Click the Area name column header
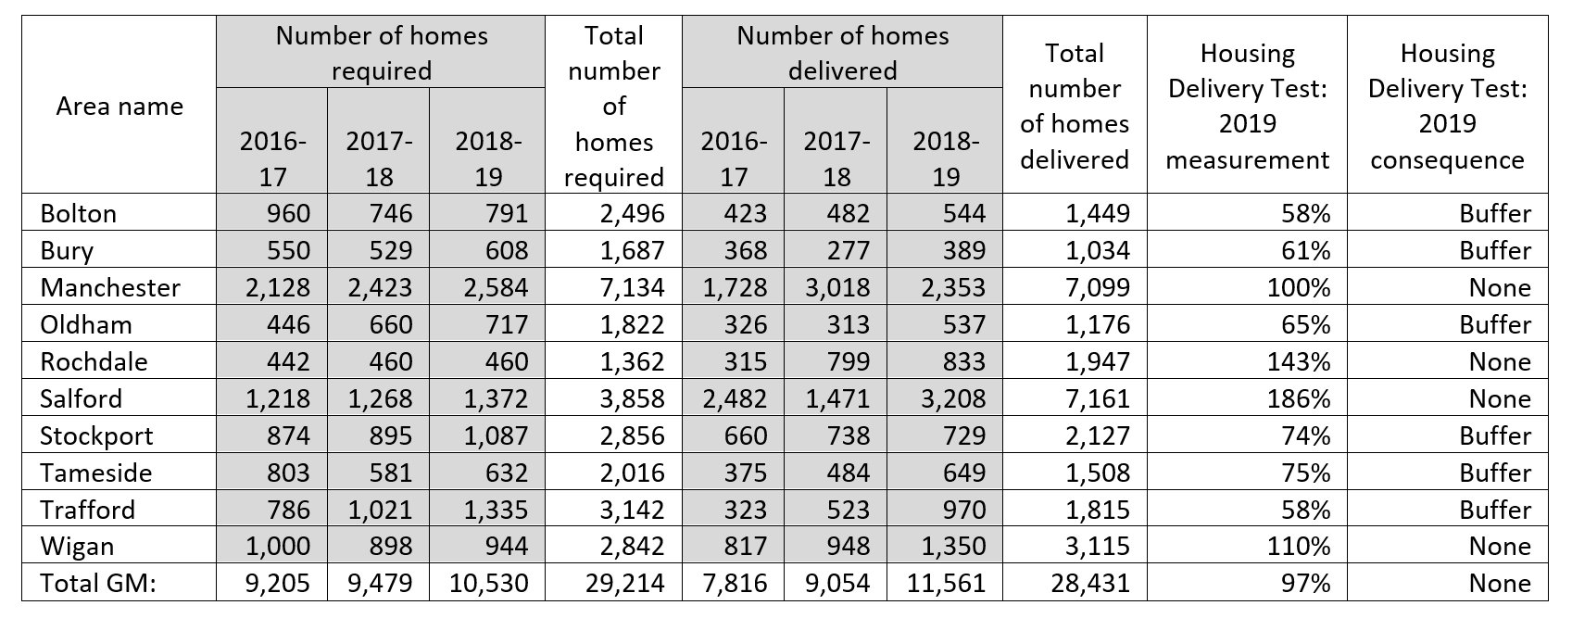(x=119, y=106)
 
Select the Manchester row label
(x=110, y=287)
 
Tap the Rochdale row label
(x=94, y=361)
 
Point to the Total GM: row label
(x=97, y=583)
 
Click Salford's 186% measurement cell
(x=1299, y=399)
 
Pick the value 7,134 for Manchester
(x=632, y=287)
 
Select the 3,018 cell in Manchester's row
(x=837, y=287)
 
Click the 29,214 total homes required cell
(x=624, y=583)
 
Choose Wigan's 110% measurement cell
(x=1299, y=547)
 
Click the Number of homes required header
(x=381, y=53)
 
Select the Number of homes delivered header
(x=842, y=53)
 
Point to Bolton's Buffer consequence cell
(x=1495, y=213)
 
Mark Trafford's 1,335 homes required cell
(x=496, y=510)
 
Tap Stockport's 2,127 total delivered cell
(x=1098, y=435)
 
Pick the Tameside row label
(x=96, y=473)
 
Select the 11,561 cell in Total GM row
(x=946, y=583)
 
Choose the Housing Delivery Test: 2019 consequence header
(x=1448, y=106)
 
